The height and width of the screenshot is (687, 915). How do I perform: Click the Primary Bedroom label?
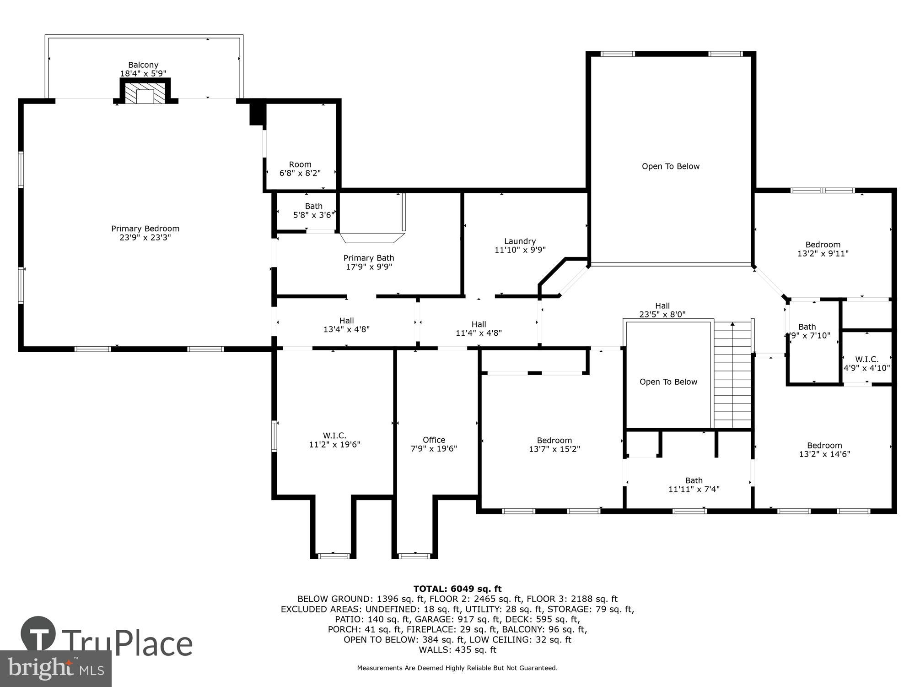click(x=145, y=229)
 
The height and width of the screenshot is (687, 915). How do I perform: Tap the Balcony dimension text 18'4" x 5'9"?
click(x=143, y=73)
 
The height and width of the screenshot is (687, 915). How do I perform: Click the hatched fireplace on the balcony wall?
click(x=145, y=93)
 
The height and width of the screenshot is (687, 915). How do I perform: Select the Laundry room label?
click(x=520, y=241)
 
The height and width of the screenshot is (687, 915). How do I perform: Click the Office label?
click(x=433, y=440)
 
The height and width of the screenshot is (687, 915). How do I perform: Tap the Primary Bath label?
click(x=369, y=258)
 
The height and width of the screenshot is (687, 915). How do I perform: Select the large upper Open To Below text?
click(x=670, y=166)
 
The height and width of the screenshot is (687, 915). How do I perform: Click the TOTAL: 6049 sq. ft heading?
click(x=457, y=589)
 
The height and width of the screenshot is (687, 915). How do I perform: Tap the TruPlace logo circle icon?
click(x=38, y=634)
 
